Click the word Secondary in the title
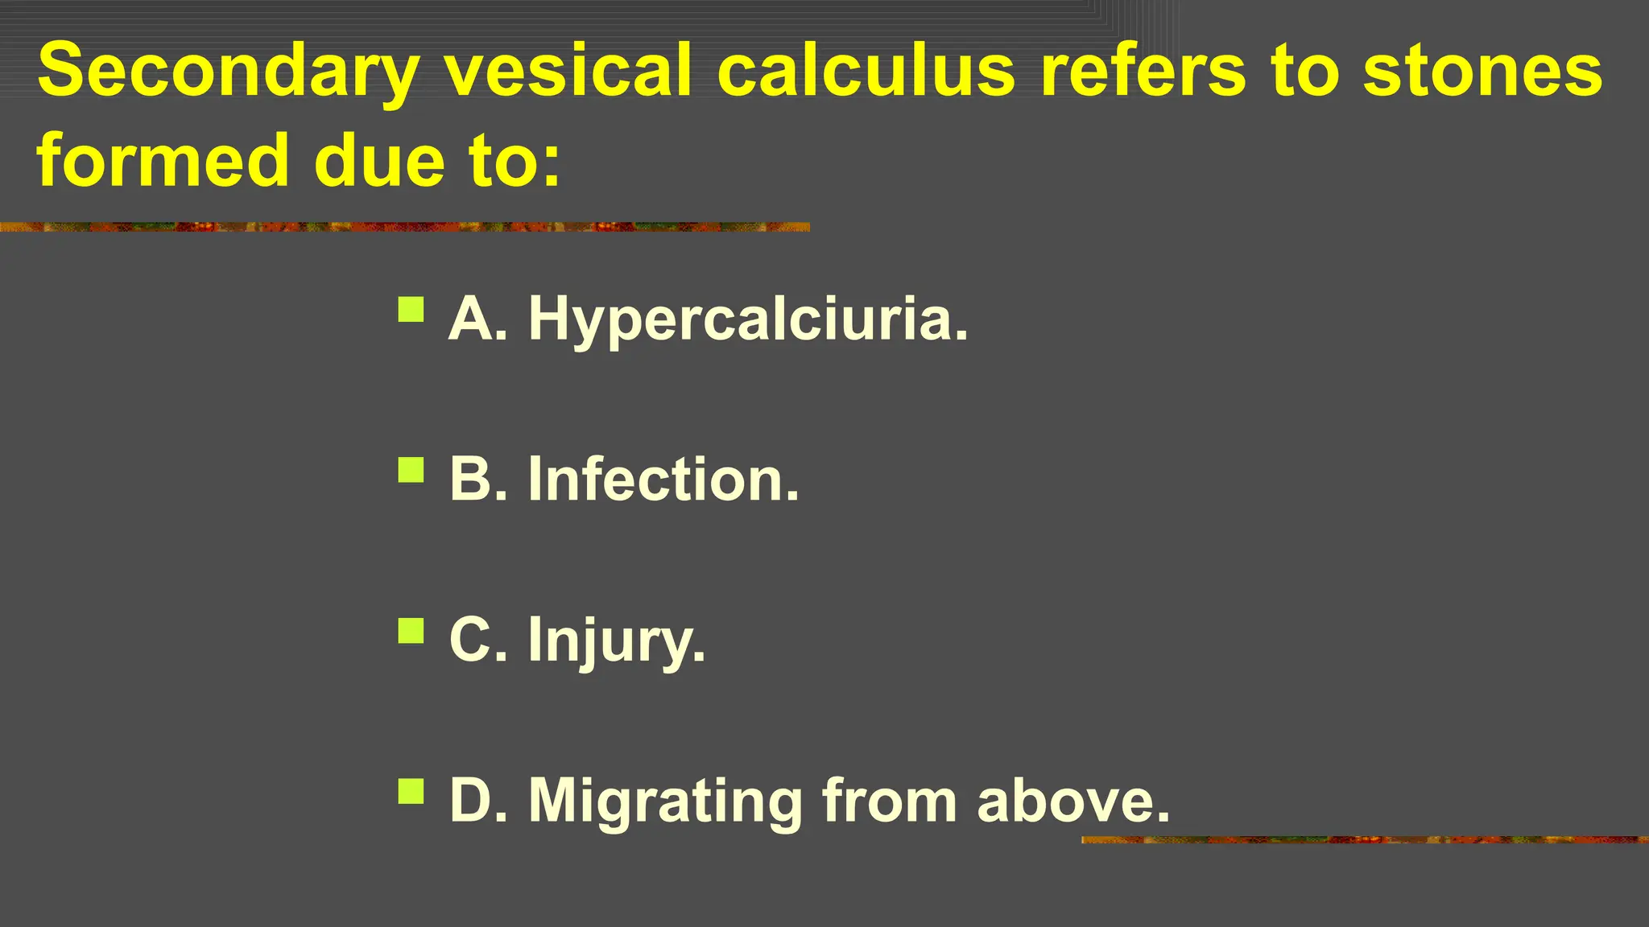point(228,71)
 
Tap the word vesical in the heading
point(568,71)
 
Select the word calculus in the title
point(866,71)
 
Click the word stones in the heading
point(1482,71)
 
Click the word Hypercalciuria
point(748,319)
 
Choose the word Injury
point(617,641)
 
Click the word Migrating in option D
point(665,801)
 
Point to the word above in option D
point(1073,801)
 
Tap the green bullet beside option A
point(411,310)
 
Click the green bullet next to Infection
point(411,470)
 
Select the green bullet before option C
point(411,631)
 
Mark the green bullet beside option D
point(411,792)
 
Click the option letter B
point(472,480)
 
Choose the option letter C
point(472,641)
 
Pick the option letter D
point(472,801)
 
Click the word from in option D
point(889,801)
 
